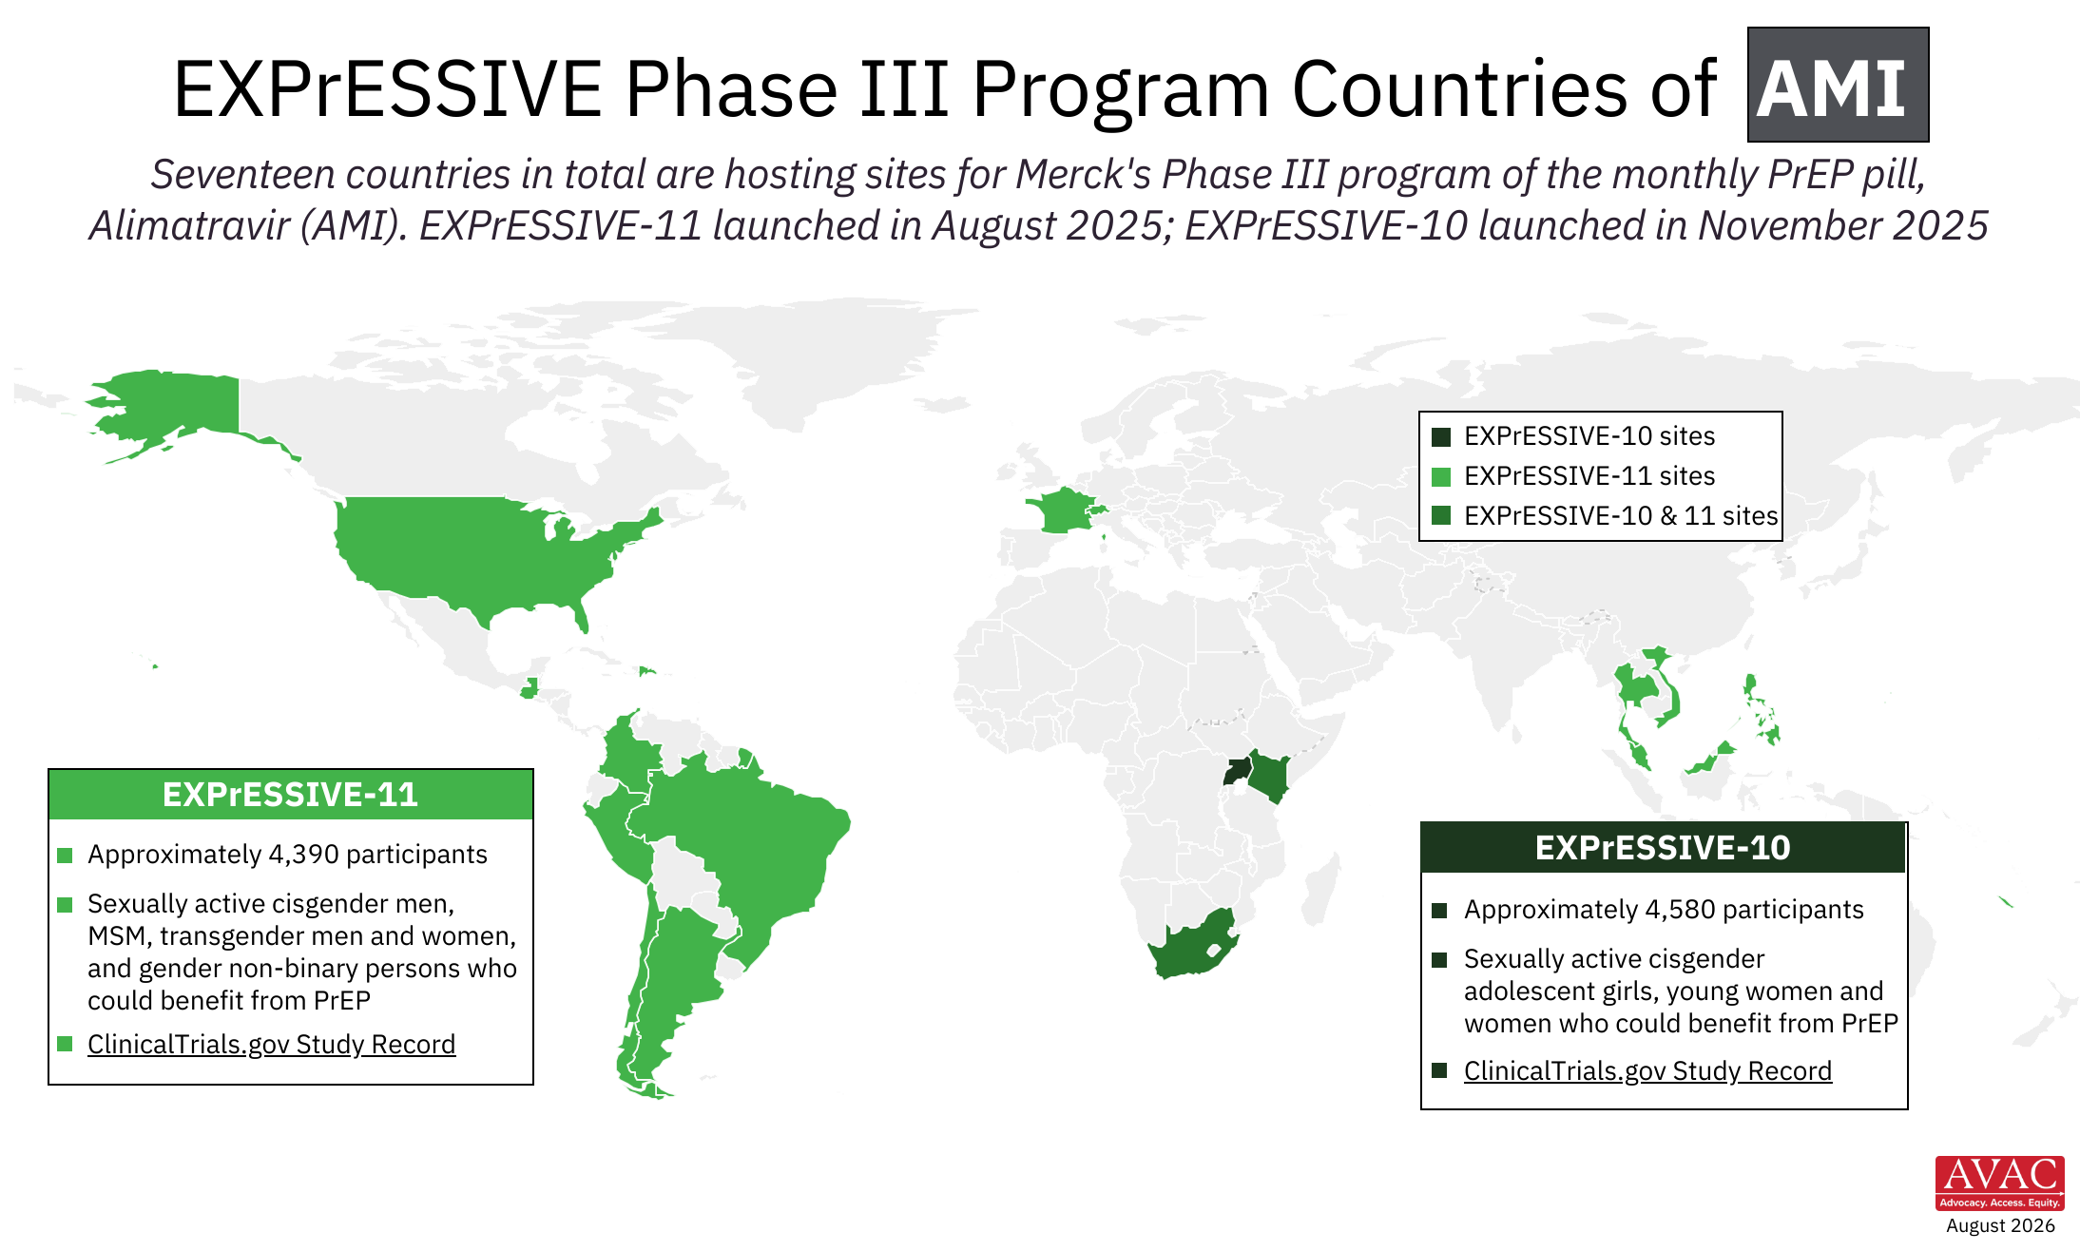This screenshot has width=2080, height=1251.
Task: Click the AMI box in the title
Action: (1838, 85)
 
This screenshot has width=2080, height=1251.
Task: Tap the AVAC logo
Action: (1999, 1183)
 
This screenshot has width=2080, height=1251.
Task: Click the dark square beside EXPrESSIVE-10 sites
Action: (1441, 436)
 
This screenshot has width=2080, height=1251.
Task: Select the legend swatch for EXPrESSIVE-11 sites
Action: (1441, 476)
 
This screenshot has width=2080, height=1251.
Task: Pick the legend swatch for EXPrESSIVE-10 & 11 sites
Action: (1441, 516)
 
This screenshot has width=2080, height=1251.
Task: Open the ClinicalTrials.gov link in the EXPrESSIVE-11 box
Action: (271, 1044)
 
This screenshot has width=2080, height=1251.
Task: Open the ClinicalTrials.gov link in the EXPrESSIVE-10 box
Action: (1647, 1070)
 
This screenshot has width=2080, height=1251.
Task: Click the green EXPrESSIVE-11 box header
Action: (291, 794)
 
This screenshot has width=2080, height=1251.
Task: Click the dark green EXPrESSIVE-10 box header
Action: (1664, 847)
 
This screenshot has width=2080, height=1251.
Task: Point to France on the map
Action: (1063, 511)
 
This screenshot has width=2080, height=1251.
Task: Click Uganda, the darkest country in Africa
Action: (1236, 770)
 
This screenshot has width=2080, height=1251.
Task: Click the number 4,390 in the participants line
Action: (302, 854)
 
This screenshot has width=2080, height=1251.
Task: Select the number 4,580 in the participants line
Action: (1680, 909)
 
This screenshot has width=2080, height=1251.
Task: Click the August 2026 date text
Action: (2000, 1225)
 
